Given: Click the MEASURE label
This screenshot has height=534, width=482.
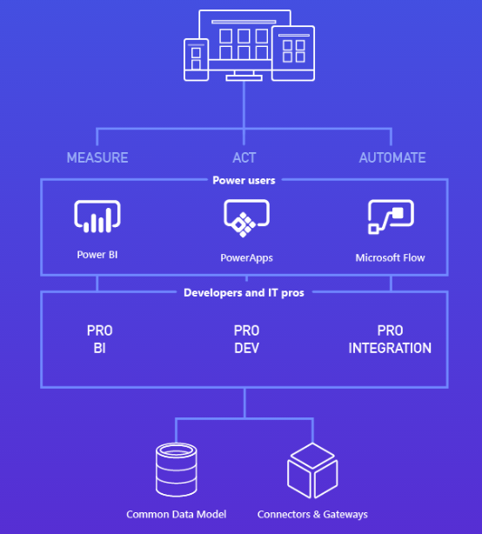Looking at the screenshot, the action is tap(97, 157).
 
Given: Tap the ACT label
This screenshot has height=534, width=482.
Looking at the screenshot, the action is tap(244, 157).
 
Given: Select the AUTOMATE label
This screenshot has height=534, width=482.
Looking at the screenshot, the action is tap(392, 157).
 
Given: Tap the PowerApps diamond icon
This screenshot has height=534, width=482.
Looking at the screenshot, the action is tap(244, 224).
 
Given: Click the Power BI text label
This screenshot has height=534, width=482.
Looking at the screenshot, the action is tap(97, 255).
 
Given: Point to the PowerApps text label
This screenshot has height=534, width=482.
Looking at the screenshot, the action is tap(246, 257).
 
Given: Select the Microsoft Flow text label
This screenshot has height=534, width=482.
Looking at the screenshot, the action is tap(391, 257).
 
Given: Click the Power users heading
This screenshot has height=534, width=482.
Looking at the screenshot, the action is tap(244, 180).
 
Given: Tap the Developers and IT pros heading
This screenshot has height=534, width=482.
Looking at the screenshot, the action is tap(244, 292).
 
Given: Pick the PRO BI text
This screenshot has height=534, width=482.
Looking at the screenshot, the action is tap(99, 339).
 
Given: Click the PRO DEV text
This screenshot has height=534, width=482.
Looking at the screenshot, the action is tap(246, 339).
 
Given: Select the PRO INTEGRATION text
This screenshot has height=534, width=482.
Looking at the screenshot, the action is tap(390, 339).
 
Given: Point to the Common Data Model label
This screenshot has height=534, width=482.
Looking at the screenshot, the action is tap(177, 514).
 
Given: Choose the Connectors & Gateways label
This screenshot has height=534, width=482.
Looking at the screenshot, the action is tap(312, 514).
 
